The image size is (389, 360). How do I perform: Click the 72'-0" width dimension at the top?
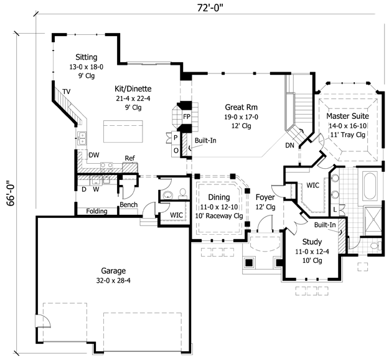(x=210, y=7)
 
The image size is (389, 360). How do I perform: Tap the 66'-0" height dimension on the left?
(x=11, y=193)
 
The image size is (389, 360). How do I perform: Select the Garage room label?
(x=113, y=270)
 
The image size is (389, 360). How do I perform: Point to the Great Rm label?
(x=241, y=107)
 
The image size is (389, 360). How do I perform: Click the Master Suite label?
(x=347, y=116)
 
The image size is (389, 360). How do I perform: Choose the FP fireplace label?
(x=187, y=116)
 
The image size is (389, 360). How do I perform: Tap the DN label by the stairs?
(x=289, y=145)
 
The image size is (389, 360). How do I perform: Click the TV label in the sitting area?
(x=66, y=92)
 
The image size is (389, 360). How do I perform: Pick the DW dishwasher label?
(x=94, y=155)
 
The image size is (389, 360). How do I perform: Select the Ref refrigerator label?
(x=129, y=158)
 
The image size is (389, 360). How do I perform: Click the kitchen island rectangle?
(x=123, y=131)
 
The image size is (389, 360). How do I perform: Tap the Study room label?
(x=312, y=242)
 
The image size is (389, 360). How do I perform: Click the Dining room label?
(x=219, y=197)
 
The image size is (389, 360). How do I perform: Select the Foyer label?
(x=265, y=197)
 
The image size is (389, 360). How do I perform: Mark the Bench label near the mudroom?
(x=128, y=204)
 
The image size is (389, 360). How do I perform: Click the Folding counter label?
(x=96, y=211)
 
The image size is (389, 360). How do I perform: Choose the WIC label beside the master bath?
(x=312, y=185)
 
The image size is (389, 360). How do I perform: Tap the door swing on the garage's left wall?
(x=43, y=321)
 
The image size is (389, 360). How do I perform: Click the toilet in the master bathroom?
(x=375, y=245)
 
